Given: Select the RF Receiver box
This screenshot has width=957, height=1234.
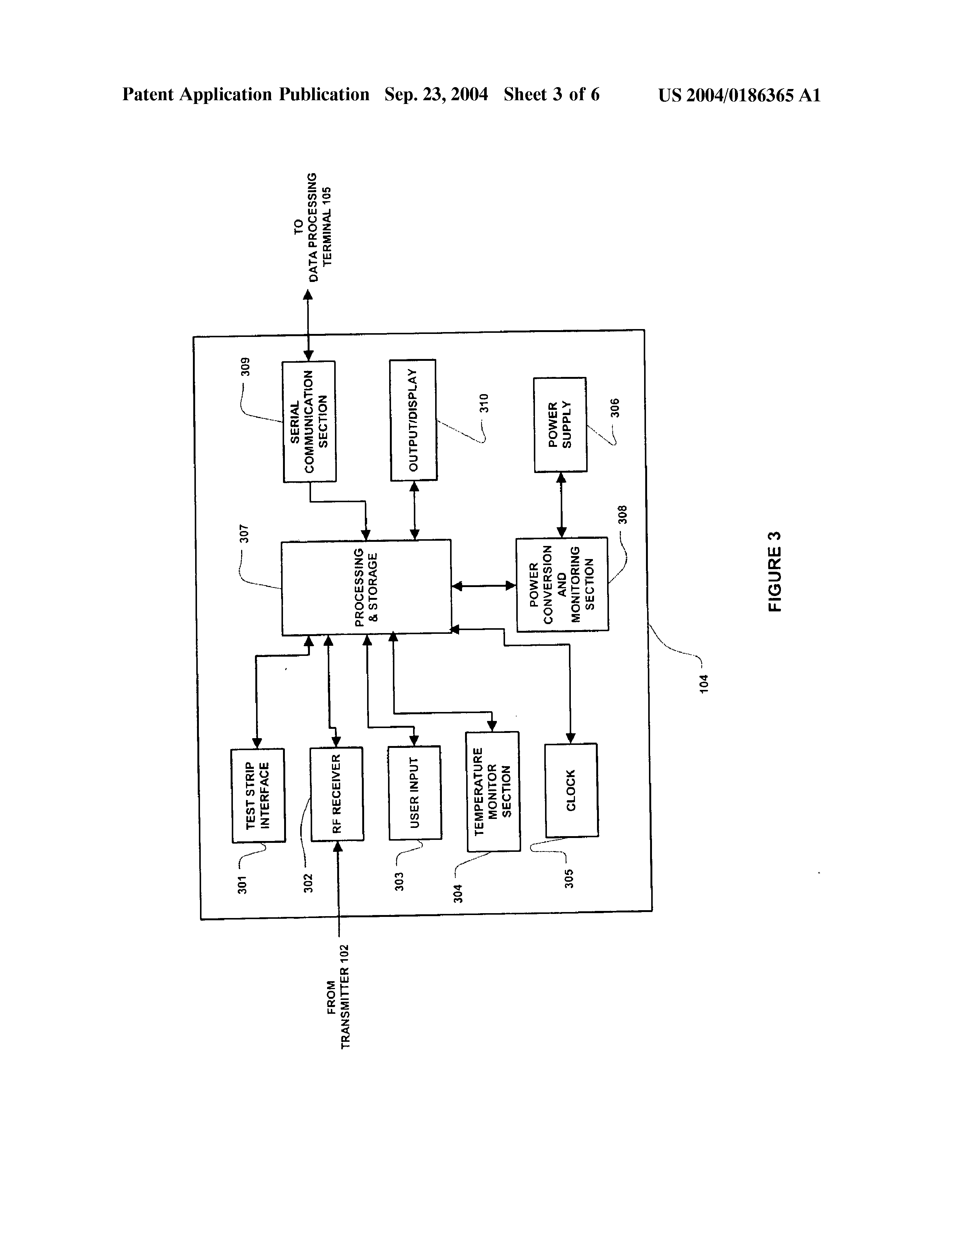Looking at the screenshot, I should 337,794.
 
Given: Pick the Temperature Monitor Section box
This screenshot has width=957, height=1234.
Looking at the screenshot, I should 493,791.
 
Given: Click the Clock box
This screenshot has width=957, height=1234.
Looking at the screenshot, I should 571,790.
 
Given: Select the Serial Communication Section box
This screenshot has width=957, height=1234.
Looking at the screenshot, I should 309,421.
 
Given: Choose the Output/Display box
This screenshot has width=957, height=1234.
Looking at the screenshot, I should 413,420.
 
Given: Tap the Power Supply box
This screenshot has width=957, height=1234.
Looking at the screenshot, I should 560,425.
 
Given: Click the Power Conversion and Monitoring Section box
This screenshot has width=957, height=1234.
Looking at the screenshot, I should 562,584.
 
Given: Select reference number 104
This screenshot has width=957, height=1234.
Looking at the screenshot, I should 703,684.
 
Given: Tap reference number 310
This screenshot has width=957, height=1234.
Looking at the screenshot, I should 484,403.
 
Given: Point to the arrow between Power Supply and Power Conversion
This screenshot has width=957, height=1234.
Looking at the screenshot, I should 561,504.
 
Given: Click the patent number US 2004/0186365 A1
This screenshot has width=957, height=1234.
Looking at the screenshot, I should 739,95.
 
